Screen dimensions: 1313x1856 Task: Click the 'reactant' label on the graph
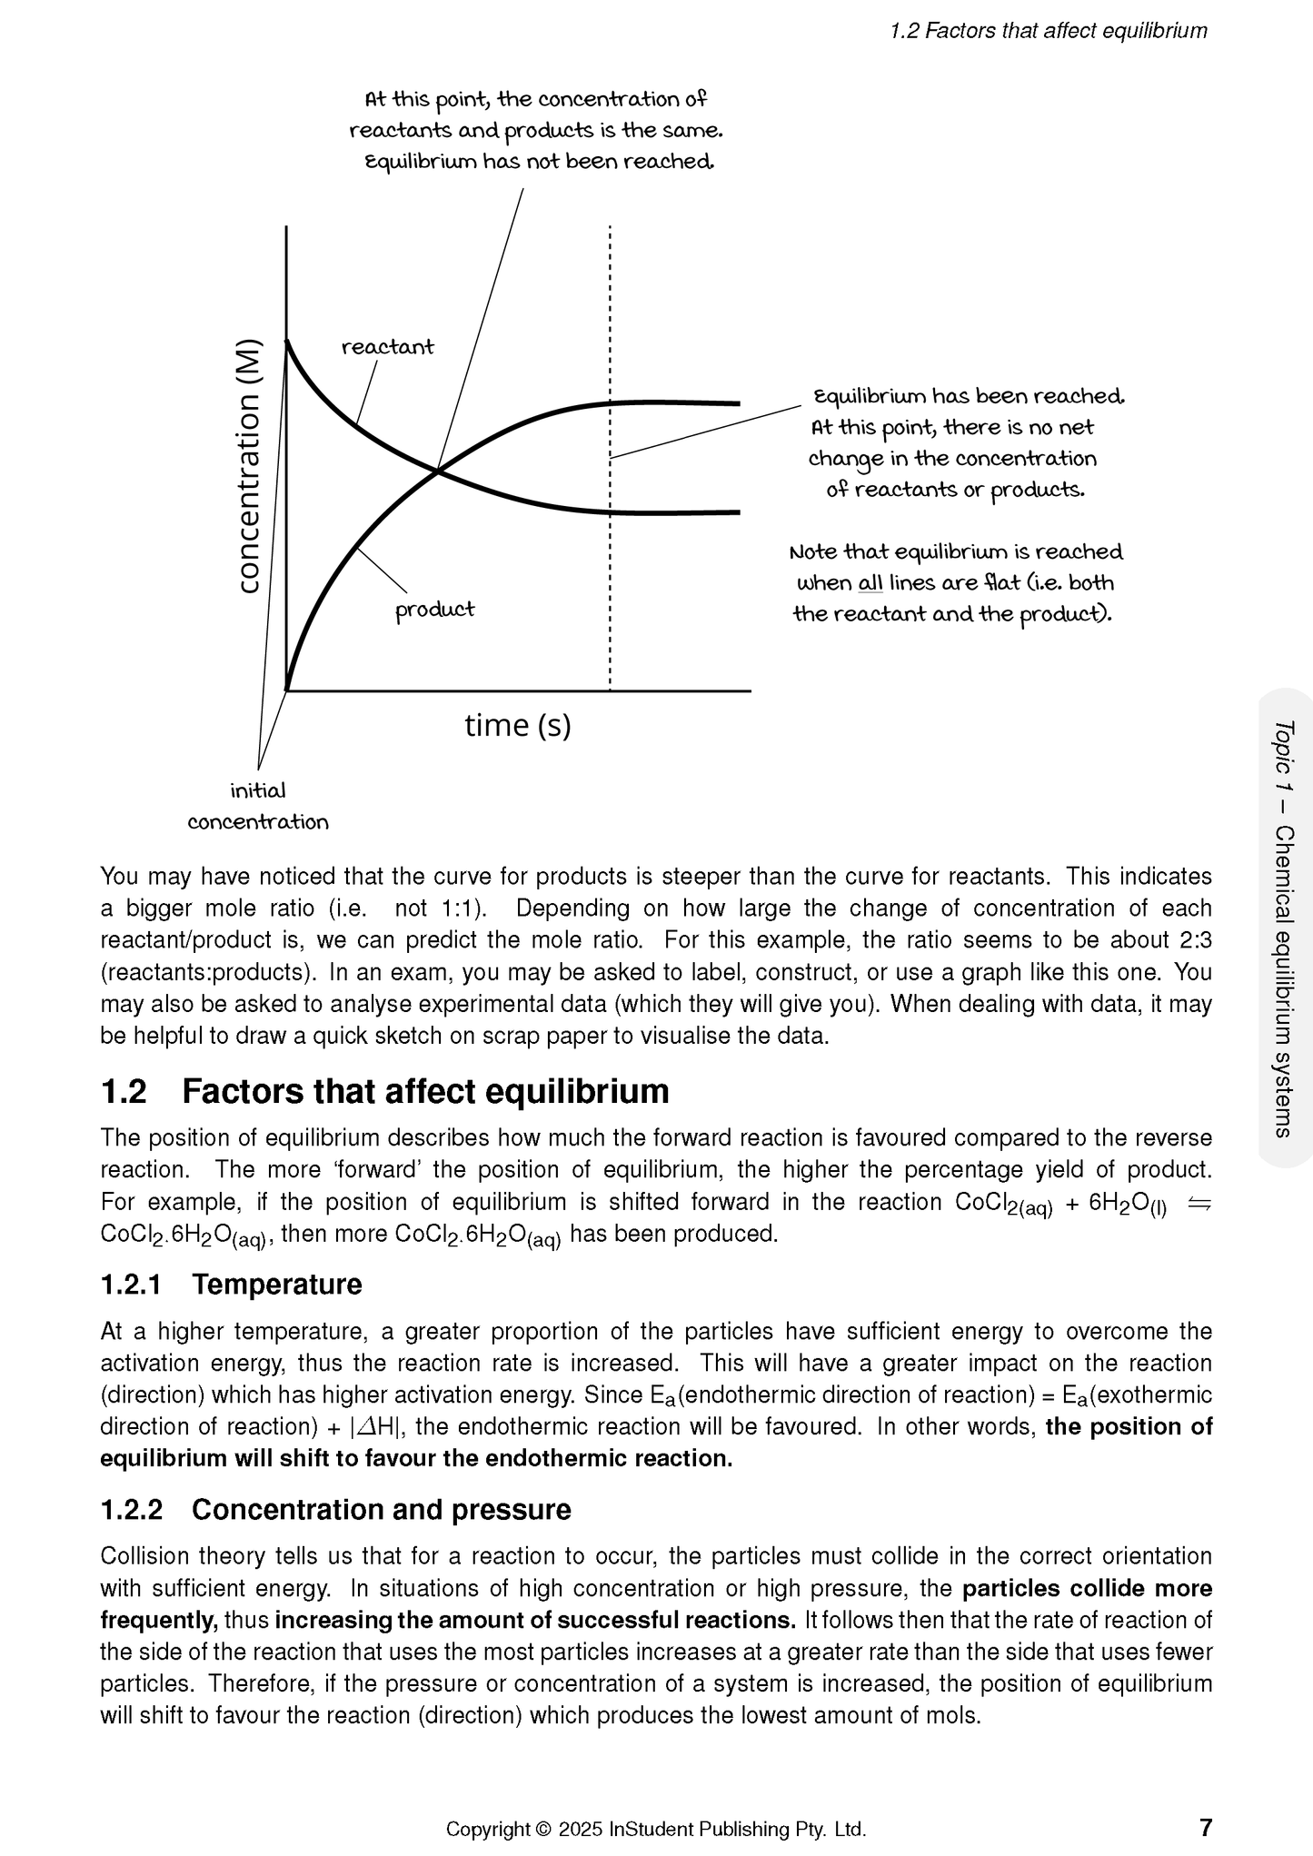tap(387, 347)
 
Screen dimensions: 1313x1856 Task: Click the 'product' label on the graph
tap(434, 610)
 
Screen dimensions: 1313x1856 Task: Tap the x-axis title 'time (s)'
tap(517, 725)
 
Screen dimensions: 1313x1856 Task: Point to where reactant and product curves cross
tap(438, 470)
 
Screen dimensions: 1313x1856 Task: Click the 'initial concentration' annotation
tap(258, 807)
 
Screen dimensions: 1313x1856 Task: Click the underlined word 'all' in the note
tap(870, 583)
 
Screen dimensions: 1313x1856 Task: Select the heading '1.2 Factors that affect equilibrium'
tap(384, 1091)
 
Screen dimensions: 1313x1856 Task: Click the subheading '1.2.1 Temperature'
tap(231, 1285)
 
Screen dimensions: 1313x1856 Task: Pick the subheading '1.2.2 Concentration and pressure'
tap(335, 1510)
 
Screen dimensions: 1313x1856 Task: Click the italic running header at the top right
tap(1048, 31)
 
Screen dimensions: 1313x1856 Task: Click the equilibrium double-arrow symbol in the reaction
tap(1199, 1203)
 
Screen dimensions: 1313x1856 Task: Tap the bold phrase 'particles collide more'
tap(1087, 1589)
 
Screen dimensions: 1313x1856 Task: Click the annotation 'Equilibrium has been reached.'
tap(969, 397)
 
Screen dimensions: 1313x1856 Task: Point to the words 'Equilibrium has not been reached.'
tap(539, 162)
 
